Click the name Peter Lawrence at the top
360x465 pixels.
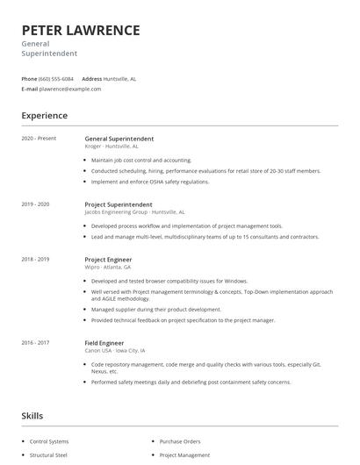coord(81,30)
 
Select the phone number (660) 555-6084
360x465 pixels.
coord(56,78)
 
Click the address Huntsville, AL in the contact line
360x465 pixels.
coord(119,78)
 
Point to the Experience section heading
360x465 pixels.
coord(45,115)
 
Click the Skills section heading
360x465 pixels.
coord(32,415)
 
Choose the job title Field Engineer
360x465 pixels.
coord(104,342)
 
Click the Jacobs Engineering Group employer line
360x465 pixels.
coord(134,211)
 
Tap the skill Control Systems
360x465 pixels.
coord(48,441)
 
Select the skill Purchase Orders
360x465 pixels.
coord(182,441)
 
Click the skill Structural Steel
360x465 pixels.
coord(49,455)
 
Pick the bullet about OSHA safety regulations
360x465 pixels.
coord(150,182)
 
